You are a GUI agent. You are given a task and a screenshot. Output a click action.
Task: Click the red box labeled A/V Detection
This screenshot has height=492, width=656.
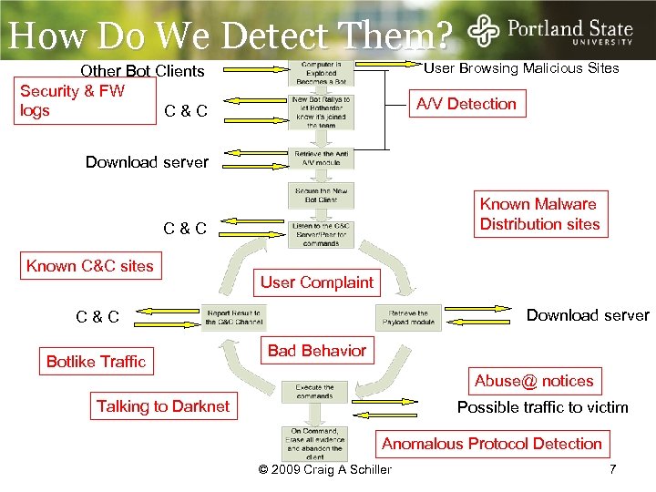pyautogui.click(x=466, y=104)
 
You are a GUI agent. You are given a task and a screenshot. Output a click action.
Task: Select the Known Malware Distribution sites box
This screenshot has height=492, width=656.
pyautogui.click(x=539, y=214)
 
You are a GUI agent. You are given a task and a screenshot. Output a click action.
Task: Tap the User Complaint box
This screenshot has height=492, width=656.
pyautogui.click(x=316, y=282)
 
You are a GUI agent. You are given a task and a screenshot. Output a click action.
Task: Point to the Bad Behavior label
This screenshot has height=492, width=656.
pyautogui.click(x=316, y=351)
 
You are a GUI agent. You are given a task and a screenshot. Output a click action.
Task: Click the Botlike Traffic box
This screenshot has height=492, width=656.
pyautogui.click(x=96, y=362)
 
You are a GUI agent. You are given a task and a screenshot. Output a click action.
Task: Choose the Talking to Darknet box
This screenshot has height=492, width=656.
pyautogui.click(x=163, y=406)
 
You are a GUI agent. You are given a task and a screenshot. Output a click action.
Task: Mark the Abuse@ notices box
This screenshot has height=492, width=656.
pyautogui.click(x=534, y=381)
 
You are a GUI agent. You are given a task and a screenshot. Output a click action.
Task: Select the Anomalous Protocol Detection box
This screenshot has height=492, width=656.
pyautogui.click(x=491, y=444)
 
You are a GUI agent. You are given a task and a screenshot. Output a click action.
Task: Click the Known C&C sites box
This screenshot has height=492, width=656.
pyautogui.click(x=89, y=266)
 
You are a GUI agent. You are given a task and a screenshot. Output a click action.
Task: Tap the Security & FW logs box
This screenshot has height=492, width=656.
pyautogui.click(x=72, y=100)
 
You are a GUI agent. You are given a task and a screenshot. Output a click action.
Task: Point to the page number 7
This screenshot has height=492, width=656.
pyautogui.click(x=613, y=469)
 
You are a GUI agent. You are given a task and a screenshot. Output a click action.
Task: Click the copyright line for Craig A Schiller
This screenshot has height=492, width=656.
pyautogui.click(x=325, y=469)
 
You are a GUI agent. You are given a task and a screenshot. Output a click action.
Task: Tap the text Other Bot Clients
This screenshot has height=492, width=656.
pyautogui.click(x=142, y=70)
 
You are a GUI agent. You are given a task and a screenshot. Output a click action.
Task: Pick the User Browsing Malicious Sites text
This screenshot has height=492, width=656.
pyautogui.click(x=522, y=68)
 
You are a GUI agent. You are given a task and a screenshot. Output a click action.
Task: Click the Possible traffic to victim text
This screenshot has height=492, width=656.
pyautogui.click(x=542, y=407)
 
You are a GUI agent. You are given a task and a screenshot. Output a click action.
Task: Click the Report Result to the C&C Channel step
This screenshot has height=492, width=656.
pyautogui.click(x=232, y=317)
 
